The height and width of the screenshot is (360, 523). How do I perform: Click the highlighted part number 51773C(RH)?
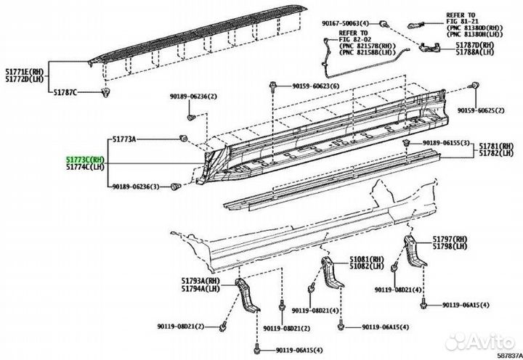pos(85,160)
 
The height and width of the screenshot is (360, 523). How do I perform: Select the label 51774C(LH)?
pos(85,167)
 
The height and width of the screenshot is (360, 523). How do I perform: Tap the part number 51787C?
pos(65,92)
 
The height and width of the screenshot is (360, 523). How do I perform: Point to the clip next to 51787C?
pos(106,92)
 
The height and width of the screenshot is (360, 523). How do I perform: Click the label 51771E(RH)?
pos(25,71)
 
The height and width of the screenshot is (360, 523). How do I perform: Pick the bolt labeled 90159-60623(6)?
pos(273,86)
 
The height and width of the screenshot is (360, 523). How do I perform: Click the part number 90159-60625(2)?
pos(481,110)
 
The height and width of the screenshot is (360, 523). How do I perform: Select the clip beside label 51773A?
pos(183,138)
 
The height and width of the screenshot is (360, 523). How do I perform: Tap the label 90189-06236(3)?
pos(136,187)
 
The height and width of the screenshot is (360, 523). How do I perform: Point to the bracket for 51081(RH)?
pos(331,271)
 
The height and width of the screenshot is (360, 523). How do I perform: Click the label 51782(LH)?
pos(497,153)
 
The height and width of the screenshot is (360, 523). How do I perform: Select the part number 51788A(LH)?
pos(475,52)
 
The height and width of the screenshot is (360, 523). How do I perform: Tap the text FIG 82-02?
pos(354,39)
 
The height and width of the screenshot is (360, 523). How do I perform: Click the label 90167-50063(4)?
pos(346,24)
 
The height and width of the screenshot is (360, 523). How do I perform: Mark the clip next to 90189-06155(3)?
pos(406,143)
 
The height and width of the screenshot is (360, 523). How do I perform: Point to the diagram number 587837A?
pos(510,356)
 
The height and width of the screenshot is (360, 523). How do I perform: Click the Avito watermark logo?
pos(480,341)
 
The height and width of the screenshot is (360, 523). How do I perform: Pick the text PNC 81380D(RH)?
pos(475,28)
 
